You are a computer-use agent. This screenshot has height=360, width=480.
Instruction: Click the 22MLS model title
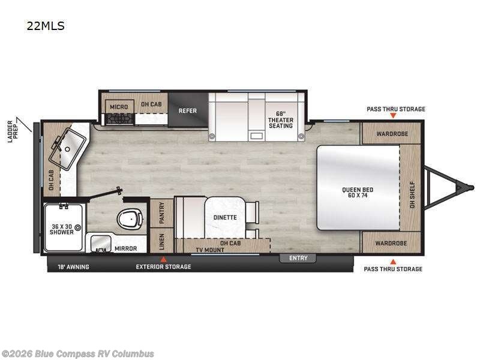click(45, 26)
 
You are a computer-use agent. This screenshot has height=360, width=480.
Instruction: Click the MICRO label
click(118, 107)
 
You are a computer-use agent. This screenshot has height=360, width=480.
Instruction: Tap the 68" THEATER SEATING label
click(280, 119)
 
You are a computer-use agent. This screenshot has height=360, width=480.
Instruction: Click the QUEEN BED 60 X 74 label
click(358, 193)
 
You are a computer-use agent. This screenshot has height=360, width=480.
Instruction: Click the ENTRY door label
click(298, 258)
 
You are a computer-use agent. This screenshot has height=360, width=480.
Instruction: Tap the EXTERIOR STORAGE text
click(164, 266)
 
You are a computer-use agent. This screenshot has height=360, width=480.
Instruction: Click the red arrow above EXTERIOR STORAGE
click(161, 259)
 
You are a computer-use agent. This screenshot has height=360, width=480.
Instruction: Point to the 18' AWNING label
click(73, 266)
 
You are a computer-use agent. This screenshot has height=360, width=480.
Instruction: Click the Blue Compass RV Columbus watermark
click(77, 353)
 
